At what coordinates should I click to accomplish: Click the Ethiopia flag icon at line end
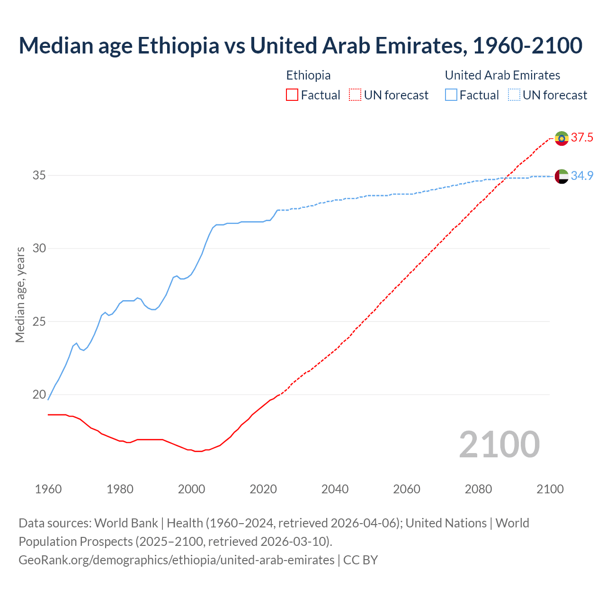(x=561, y=138)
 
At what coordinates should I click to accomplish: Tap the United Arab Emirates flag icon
(x=561, y=176)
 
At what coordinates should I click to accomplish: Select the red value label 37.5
(x=582, y=138)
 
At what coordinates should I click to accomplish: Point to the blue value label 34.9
(x=582, y=176)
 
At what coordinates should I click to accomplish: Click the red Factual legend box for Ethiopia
(x=292, y=95)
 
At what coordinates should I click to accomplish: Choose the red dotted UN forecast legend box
(x=355, y=95)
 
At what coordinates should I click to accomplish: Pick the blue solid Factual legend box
(x=451, y=95)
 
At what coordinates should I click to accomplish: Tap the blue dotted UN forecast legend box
(x=514, y=95)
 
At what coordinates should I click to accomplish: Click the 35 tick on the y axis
(x=39, y=176)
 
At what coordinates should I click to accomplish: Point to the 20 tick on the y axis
(x=39, y=395)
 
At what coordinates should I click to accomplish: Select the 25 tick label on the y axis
(x=39, y=322)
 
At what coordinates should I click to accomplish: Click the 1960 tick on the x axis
(x=48, y=489)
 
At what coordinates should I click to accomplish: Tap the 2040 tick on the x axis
(x=335, y=489)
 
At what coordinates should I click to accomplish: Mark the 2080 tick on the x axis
(x=478, y=489)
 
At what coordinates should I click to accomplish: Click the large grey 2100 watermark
(x=499, y=444)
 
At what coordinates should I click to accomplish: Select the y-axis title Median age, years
(x=20, y=294)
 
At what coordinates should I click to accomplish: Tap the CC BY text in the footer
(x=360, y=560)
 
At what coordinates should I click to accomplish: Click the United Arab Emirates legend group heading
(x=502, y=75)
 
